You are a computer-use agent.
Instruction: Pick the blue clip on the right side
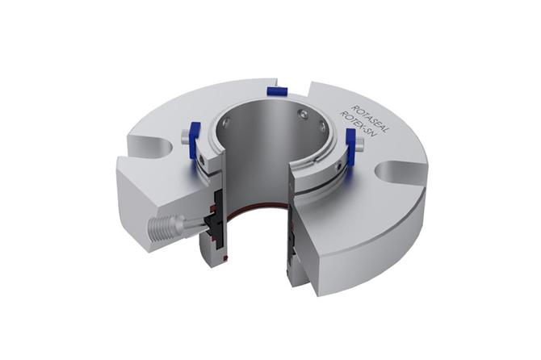tap(350, 148)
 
